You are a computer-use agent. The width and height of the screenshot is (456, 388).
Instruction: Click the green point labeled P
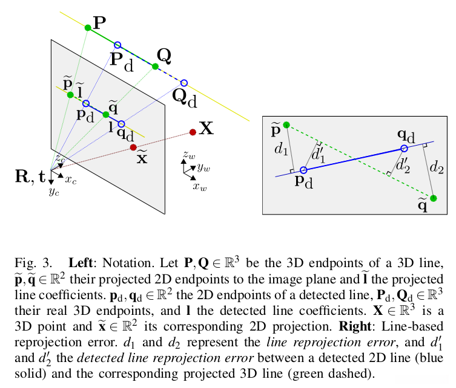click(88, 27)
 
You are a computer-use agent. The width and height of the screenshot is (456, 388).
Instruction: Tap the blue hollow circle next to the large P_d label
click(118, 45)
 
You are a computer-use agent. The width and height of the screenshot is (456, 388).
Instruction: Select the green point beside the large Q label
click(155, 66)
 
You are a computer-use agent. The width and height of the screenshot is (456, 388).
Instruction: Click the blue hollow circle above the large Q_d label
click(184, 83)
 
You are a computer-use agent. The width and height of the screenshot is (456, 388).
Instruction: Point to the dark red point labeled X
click(193, 132)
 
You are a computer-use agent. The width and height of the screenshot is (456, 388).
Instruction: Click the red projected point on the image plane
click(133, 147)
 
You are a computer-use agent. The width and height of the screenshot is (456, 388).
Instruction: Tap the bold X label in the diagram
click(207, 128)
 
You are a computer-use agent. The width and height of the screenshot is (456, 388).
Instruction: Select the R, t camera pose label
click(28, 176)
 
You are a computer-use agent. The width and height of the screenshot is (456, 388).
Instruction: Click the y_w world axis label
click(203, 167)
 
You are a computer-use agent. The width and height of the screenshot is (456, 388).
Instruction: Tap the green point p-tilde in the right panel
click(286, 125)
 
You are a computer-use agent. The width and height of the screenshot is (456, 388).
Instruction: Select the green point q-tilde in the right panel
click(433, 198)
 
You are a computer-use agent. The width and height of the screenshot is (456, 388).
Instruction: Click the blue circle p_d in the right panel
click(303, 170)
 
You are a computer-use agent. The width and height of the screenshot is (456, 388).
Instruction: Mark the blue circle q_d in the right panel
click(405, 149)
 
